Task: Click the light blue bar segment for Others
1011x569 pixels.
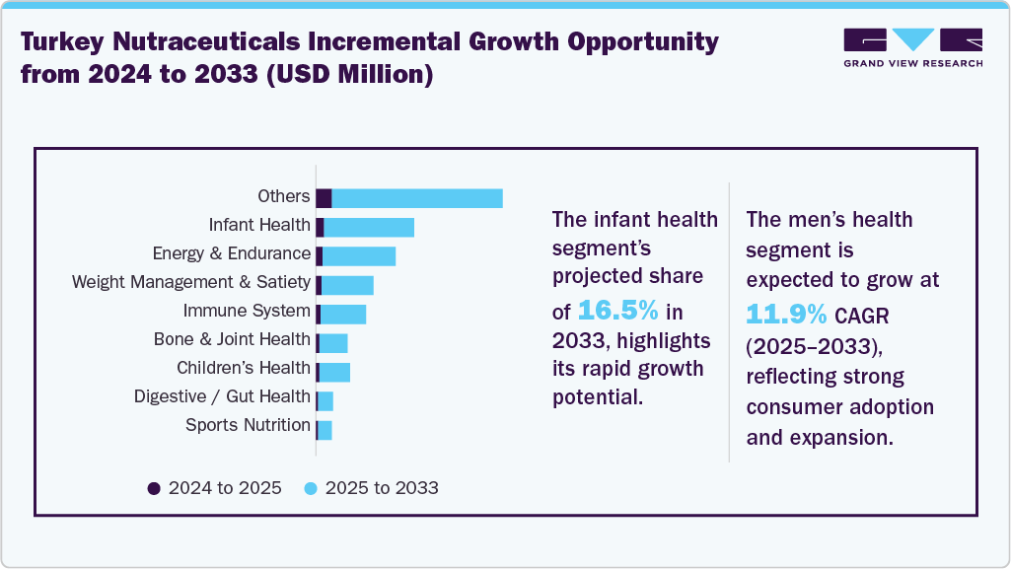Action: (x=417, y=198)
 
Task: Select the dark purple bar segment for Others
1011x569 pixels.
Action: (x=324, y=198)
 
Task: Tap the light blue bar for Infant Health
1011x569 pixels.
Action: (x=369, y=227)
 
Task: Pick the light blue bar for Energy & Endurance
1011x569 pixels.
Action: (x=359, y=255)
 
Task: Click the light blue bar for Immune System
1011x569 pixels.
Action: (x=343, y=314)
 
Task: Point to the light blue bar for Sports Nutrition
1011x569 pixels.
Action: (x=325, y=430)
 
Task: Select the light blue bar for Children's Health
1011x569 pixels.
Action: (x=334, y=372)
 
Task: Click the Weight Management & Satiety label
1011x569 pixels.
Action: (x=191, y=283)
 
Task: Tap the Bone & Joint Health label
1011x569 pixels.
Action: (x=232, y=340)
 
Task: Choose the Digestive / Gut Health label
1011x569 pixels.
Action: (x=222, y=397)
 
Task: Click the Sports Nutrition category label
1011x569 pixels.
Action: (x=248, y=426)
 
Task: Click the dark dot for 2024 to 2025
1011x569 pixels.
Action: (x=153, y=488)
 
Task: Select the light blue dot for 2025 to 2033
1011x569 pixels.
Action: (x=311, y=488)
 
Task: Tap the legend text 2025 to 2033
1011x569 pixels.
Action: (x=382, y=488)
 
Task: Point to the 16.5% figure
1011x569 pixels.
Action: (x=617, y=311)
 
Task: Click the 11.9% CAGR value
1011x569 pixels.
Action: (x=786, y=314)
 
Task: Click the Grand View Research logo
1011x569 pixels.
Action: (x=912, y=46)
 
